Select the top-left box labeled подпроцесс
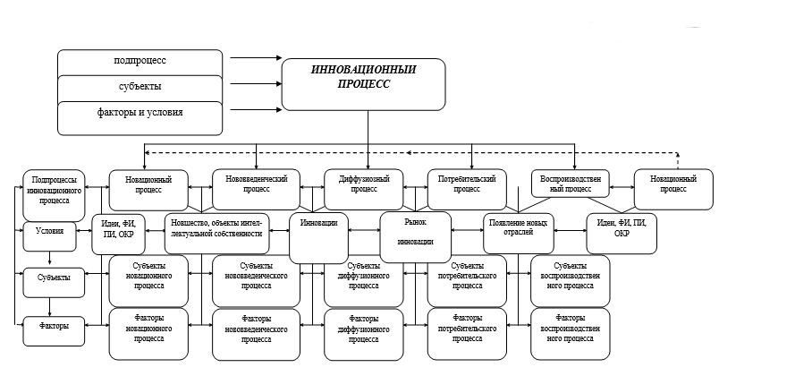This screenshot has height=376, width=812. [140, 62]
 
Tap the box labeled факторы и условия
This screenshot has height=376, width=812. [140, 114]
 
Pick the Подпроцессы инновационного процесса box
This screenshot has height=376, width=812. [52, 188]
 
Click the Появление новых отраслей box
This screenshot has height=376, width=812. [519, 234]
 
